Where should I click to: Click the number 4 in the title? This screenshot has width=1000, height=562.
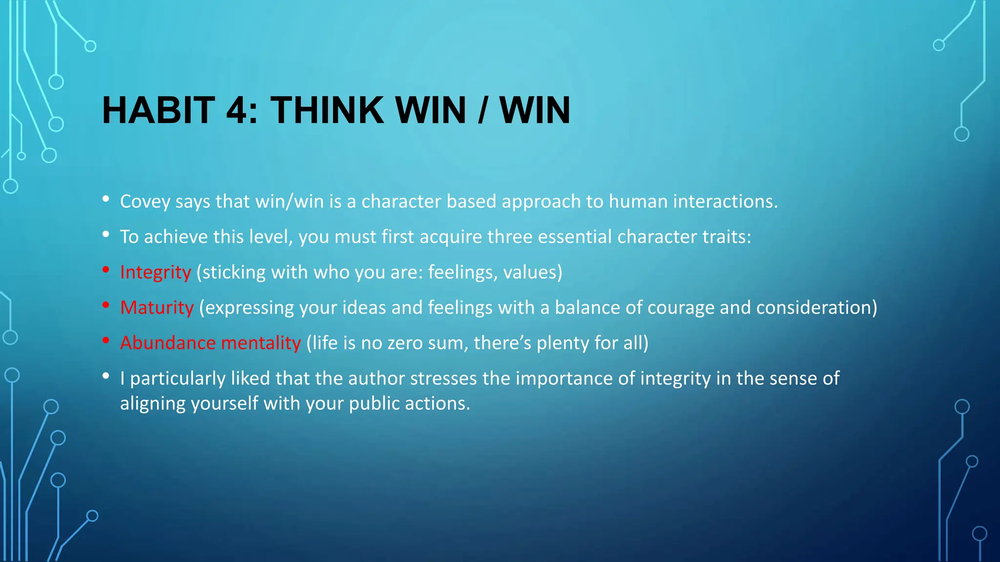pyautogui.click(x=238, y=110)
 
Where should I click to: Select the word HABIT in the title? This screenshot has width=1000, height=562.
pyautogui.click(x=159, y=110)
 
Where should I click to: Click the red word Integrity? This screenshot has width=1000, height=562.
pyautogui.click(x=155, y=272)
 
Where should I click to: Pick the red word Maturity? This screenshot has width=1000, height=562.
pyautogui.click(x=157, y=308)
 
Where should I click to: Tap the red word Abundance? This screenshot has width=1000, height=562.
pyautogui.click(x=167, y=343)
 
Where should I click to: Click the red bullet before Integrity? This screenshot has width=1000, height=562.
pyautogui.click(x=105, y=270)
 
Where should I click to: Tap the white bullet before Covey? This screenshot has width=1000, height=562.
pyautogui.click(x=105, y=199)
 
